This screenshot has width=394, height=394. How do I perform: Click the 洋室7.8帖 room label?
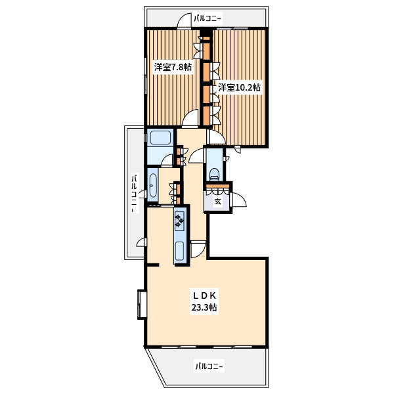coord(173,67)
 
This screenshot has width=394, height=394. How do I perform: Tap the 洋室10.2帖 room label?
coord(239,87)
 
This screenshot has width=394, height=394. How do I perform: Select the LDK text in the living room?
coord(204,296)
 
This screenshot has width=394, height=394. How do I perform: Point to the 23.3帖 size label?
coord(204,307)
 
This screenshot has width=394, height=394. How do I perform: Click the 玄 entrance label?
coord(217,202)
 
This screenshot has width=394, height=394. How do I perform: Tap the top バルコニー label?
coord(208,18)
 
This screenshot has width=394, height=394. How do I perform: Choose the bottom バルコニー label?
coord(209,366)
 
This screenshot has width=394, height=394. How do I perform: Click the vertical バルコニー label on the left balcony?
coord(135,194)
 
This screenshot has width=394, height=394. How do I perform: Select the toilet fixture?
coord(214,175)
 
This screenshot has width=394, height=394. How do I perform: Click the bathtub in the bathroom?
coord(160,138)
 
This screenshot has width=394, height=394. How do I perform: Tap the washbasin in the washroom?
coord(152,186)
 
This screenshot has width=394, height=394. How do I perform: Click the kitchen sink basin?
coord(180,251)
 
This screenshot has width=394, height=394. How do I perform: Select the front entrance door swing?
coord(239,200)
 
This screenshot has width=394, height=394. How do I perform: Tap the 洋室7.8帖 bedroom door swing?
coord(190,118)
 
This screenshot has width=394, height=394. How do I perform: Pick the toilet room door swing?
coord(196,156)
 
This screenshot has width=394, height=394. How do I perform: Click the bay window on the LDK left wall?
coord(141,305)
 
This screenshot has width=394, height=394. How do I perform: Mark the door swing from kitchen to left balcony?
coord(141,242)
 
